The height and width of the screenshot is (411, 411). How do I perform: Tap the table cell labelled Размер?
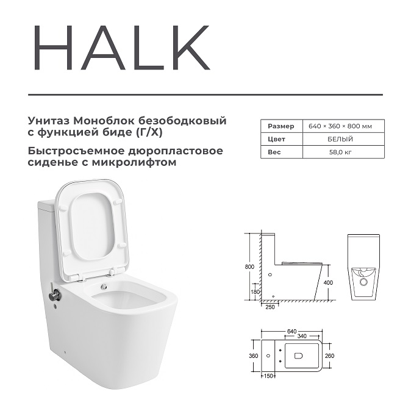[x=281, y=126]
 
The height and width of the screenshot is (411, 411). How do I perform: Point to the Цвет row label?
[x=277, y=140]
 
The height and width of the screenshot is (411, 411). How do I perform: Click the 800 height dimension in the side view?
[x=249, y=267]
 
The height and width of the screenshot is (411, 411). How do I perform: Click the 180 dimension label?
[x=255, y=292]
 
